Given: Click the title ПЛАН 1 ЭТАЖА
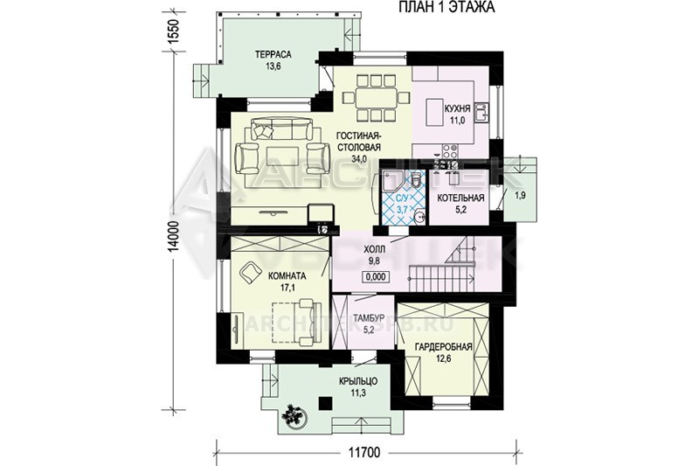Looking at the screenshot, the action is (x=446, y=8).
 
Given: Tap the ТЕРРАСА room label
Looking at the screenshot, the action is (x=273, y=55).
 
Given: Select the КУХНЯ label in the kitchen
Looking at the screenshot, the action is (x=457, y=108).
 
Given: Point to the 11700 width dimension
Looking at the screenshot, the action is (x=363, y=453).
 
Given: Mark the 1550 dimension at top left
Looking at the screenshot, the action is (x=174, y=31).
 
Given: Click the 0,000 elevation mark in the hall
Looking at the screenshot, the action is (x=376, y=277).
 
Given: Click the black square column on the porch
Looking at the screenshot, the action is (x=324, y=403).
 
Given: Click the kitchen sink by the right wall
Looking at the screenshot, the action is (x=481, y=113).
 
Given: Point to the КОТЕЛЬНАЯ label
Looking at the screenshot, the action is (x=460, y=198).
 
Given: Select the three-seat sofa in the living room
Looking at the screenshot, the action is (x=281, y=129).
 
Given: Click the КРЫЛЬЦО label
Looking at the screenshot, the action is (x=358, y=382).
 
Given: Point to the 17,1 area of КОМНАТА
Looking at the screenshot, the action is (x=287, y=288).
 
